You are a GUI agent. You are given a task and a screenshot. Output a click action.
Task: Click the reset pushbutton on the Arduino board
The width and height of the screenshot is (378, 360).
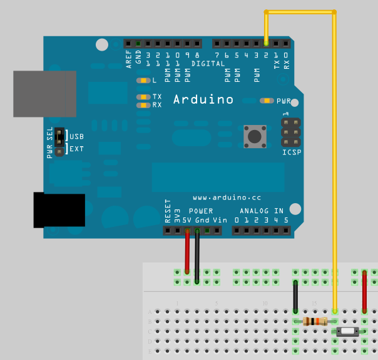(x=255, y=136)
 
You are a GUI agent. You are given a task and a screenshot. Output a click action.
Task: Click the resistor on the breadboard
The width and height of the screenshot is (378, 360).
(x=314, y=321)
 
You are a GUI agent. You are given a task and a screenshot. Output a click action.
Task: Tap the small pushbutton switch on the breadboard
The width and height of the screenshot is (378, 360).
(x=346, y=331)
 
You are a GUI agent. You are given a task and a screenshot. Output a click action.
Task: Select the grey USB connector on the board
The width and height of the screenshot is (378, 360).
(x=44, y=94)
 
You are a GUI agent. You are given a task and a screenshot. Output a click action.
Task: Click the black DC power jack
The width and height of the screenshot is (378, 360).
(x=59, y=210)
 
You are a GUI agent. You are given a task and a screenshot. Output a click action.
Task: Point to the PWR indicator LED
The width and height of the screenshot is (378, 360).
(x=267, y=101)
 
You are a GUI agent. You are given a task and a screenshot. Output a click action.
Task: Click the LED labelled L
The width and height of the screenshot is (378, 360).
(x=144, y=81)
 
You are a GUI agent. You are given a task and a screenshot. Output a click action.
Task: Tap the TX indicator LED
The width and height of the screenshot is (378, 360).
(x=144, y=97)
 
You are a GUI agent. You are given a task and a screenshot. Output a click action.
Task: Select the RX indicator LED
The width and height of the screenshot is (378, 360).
(x=144, y=105)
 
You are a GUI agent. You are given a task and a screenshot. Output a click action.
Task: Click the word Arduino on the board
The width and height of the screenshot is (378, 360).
(x=203, y=99)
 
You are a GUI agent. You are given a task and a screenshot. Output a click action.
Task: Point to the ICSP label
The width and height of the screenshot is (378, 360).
(x=291, y=152)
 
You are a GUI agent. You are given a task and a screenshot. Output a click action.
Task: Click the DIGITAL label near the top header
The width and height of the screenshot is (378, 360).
(x=208, y=64)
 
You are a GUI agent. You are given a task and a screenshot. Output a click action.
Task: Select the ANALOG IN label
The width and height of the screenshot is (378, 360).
(x=261, y=211)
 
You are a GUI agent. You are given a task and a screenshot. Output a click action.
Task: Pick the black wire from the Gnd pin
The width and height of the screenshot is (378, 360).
(x=197, y=256)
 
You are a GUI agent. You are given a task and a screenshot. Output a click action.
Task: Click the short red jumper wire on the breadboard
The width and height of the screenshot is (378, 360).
(x=364, y=292)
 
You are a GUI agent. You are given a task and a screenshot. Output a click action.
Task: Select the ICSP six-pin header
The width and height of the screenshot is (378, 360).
(x=290, y=132)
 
